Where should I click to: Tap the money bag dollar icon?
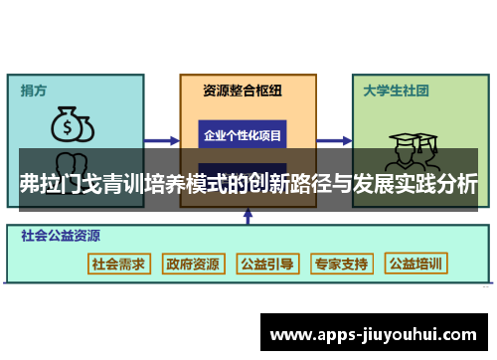72,125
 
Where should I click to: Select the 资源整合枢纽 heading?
242,90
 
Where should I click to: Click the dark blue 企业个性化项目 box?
243,134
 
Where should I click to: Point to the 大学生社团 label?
396,90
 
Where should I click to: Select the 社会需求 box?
118,264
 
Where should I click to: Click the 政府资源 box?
193,264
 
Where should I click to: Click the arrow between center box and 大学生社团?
328,140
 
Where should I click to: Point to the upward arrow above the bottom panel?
247,214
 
